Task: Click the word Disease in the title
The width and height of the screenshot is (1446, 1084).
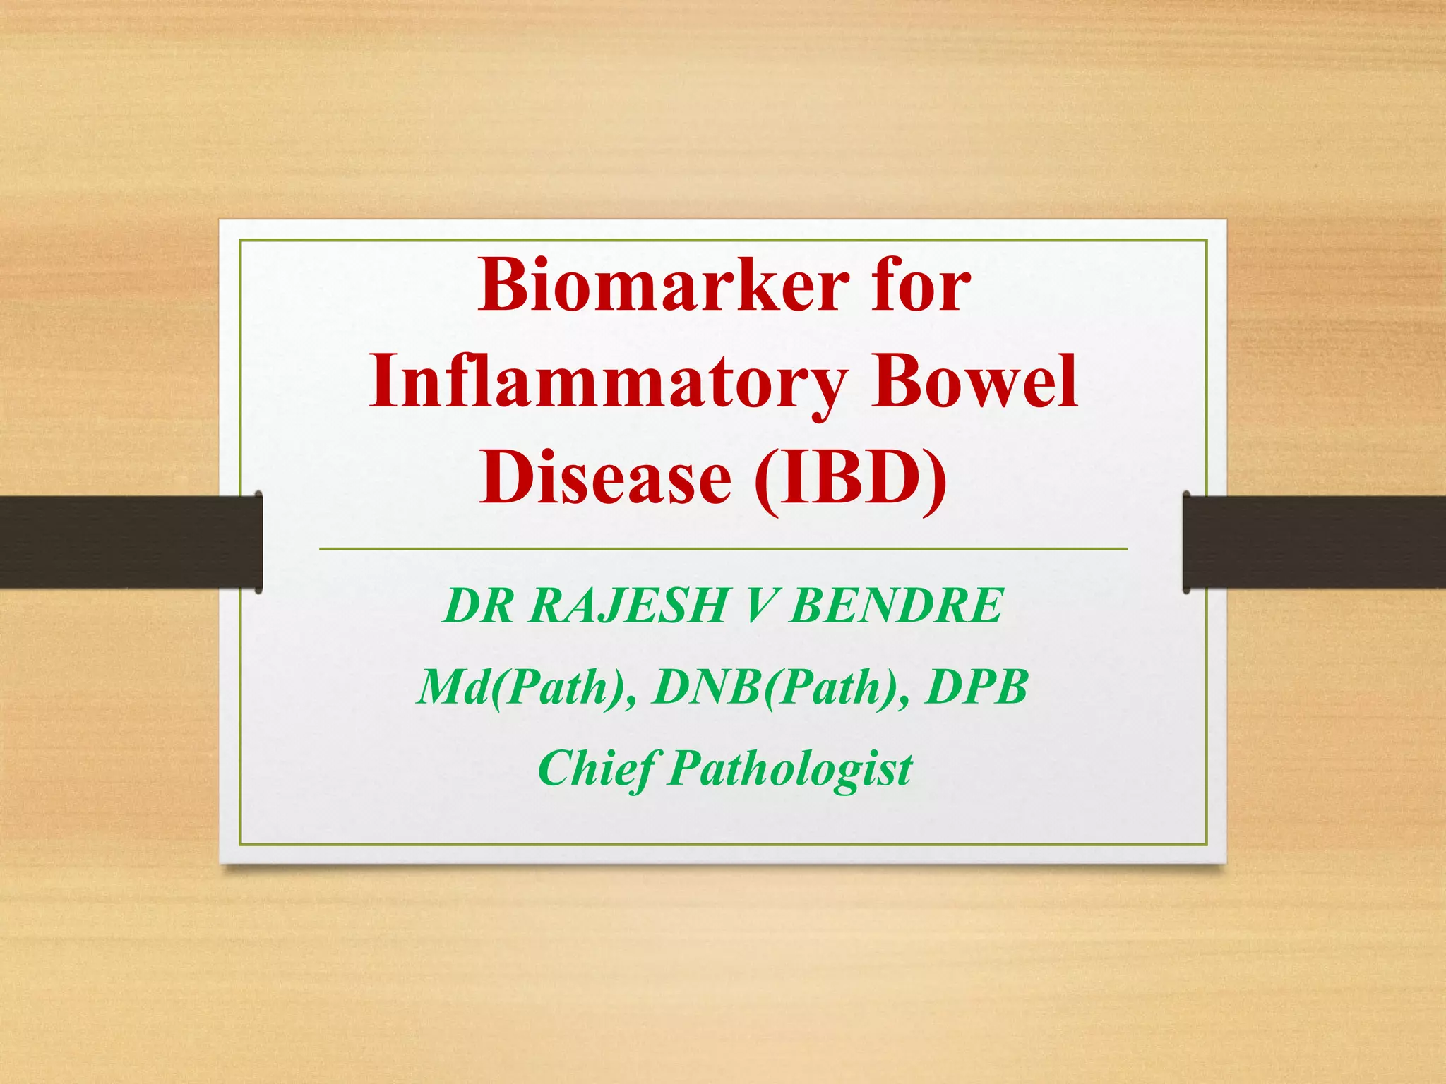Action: click(605, 478)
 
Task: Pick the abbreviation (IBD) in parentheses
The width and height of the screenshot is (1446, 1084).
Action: click(851, 479)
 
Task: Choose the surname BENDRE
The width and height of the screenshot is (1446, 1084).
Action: click(896, 606)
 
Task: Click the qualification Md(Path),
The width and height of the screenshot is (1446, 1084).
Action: click(526, 687)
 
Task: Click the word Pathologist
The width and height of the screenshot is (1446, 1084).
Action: click(791, 769)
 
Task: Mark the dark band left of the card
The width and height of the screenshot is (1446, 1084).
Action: click(127, 541)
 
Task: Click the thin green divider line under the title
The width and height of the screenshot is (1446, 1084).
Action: click(723, 548)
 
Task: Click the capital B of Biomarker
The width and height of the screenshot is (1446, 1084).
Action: click(503, 286)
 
